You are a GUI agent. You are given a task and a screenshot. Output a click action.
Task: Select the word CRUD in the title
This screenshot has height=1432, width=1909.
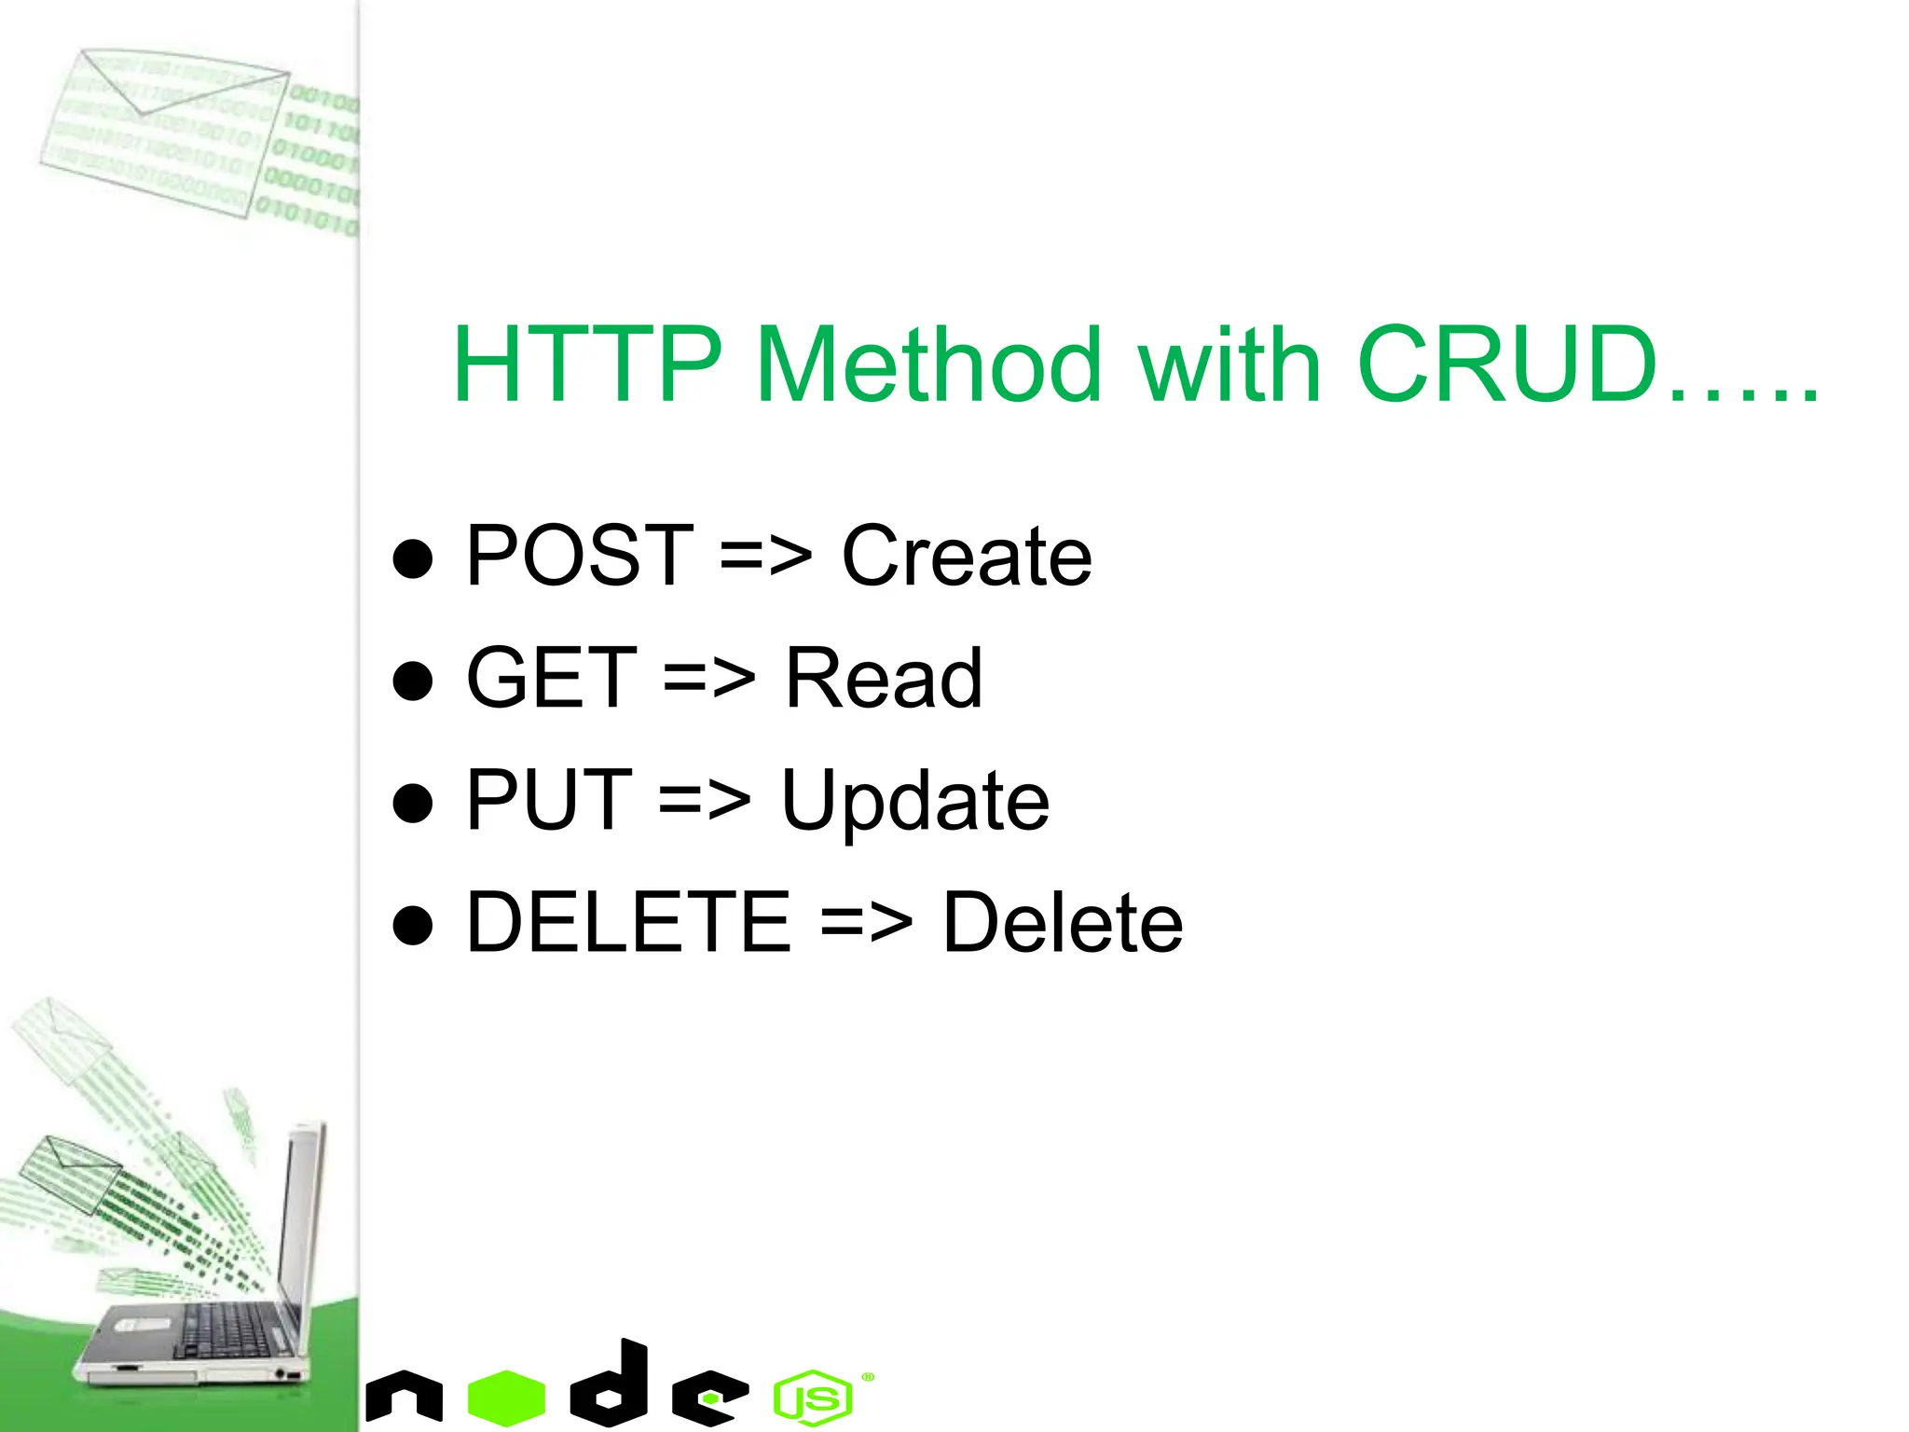pyautogui.click(x=1506, y=365)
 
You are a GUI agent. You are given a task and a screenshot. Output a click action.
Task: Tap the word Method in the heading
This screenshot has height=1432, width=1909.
pyautogui.click(x=928, y=365)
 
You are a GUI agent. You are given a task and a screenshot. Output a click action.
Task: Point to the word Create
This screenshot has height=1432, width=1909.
pyautogui.click(x=966, y=557)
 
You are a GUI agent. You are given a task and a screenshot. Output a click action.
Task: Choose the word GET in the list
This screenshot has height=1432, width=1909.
pyautogui.click(x=552, y=679)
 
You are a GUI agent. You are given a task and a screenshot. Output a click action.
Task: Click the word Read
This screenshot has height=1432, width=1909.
pyautogui.click(x=883, y=679)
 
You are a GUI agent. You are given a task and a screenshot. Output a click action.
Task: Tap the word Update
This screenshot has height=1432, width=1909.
pyautogui.click(x=914, y=802)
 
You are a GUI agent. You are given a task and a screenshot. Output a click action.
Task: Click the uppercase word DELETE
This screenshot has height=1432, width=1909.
pyautogui.click(x=628, y=923)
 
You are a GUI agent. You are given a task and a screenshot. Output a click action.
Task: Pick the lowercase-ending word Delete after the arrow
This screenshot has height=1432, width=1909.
pyautogui.click(x=1062, y=923)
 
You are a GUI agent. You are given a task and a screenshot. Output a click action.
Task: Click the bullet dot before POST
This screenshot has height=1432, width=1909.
pyautogui.click(x=413, y=559)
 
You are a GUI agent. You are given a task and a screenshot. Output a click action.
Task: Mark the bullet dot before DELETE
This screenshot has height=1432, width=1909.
pyautogui.click(x=413, y=925)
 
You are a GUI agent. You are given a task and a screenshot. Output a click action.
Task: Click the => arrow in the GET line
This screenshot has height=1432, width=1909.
pyautogui.click(x=708, y=681)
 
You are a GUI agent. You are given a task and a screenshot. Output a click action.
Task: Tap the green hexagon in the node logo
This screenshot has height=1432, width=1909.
pyautogui.click(x=506, y=1397)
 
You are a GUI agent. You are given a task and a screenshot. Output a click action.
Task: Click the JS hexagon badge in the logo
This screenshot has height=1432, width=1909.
pyautogui.click(x=813, y=1398)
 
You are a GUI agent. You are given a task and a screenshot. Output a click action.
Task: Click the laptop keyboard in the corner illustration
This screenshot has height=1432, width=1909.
pyautogui.click(x=228, y=1329)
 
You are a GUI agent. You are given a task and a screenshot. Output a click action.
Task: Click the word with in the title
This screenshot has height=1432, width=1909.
pyautogui.click(x=1229, y=365)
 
